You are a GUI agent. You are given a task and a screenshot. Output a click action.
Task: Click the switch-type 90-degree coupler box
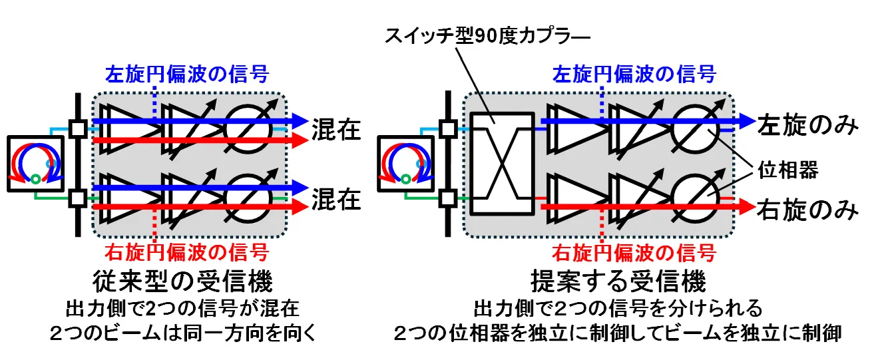(x=502, y=163)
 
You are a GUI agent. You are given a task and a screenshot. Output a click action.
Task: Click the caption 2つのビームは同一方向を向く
(x=182, y=334)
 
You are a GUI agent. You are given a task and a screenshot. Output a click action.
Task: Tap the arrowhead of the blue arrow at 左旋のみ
(x=745, y=122)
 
